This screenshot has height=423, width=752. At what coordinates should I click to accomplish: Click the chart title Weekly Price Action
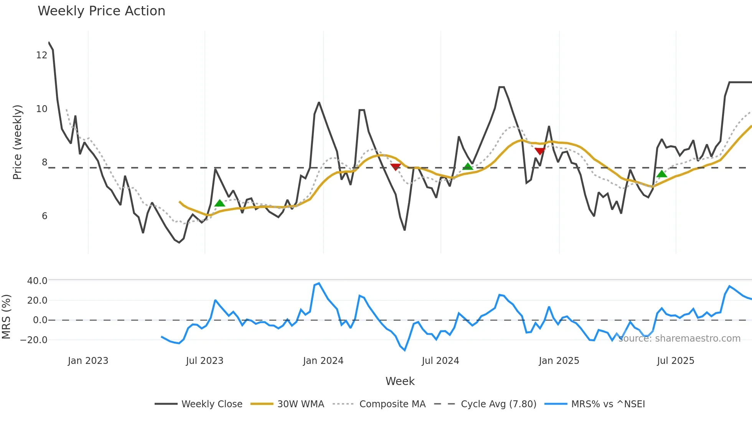point(101,11)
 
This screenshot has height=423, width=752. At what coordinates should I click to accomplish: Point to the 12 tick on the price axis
point(41,55)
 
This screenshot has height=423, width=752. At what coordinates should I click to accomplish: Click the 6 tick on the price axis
point(45,216)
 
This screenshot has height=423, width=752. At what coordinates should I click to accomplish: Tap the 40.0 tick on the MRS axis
point(37,281)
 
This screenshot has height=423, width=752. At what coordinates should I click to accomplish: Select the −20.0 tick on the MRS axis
point(34,340)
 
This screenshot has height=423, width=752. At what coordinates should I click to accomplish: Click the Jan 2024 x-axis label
point(323,361)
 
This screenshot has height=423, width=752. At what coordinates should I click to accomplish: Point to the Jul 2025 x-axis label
point(676,361)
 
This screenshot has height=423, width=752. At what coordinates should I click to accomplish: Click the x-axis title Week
point(400,381)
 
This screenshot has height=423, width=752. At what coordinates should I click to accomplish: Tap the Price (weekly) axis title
point(17,142)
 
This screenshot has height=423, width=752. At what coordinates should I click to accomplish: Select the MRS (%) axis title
point(6,317)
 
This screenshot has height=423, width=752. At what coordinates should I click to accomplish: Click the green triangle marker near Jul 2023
point(219,203)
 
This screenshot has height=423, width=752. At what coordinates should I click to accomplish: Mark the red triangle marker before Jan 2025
point(540,151)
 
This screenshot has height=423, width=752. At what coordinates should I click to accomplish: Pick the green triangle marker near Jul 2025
point(662,174)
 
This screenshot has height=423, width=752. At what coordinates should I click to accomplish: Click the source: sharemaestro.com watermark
point(679,339)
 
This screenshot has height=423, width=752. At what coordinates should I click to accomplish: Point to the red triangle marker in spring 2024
point(396,167)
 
